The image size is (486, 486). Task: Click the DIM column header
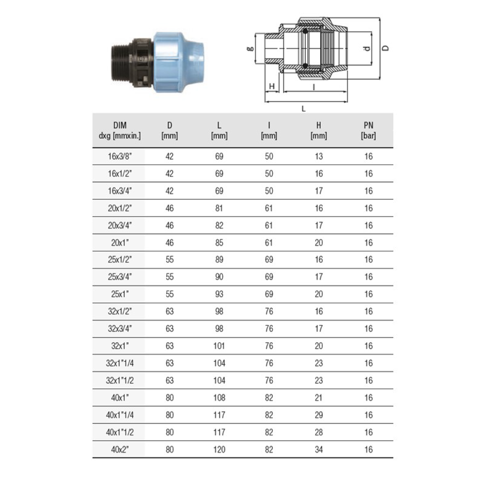tap(120, 130)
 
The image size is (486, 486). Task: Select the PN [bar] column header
tap(368, 130)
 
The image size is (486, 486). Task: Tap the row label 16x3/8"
tap(120, 156)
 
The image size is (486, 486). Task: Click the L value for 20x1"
tap(219, 243)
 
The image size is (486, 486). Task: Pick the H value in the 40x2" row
tap(319, 450)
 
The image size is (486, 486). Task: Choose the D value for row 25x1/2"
tap(170, 260)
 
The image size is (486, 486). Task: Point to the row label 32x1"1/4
tap(120, 363)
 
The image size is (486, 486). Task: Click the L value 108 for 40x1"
tap(219, 398)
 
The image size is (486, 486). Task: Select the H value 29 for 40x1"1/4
tap(319, 415)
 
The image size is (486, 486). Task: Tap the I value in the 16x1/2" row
tap(269, 174)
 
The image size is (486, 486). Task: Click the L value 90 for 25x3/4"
tap(219, 277)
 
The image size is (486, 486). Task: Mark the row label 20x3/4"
tap(120, 225)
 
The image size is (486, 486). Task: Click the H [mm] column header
tap(319, 130)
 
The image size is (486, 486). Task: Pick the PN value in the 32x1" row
tap(368, 346)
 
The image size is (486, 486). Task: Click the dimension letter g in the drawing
tap(250, 49)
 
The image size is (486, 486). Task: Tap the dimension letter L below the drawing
tap(303, 109)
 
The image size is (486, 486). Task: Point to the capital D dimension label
tap(385, 48)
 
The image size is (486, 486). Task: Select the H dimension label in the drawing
tap(272, 86)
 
